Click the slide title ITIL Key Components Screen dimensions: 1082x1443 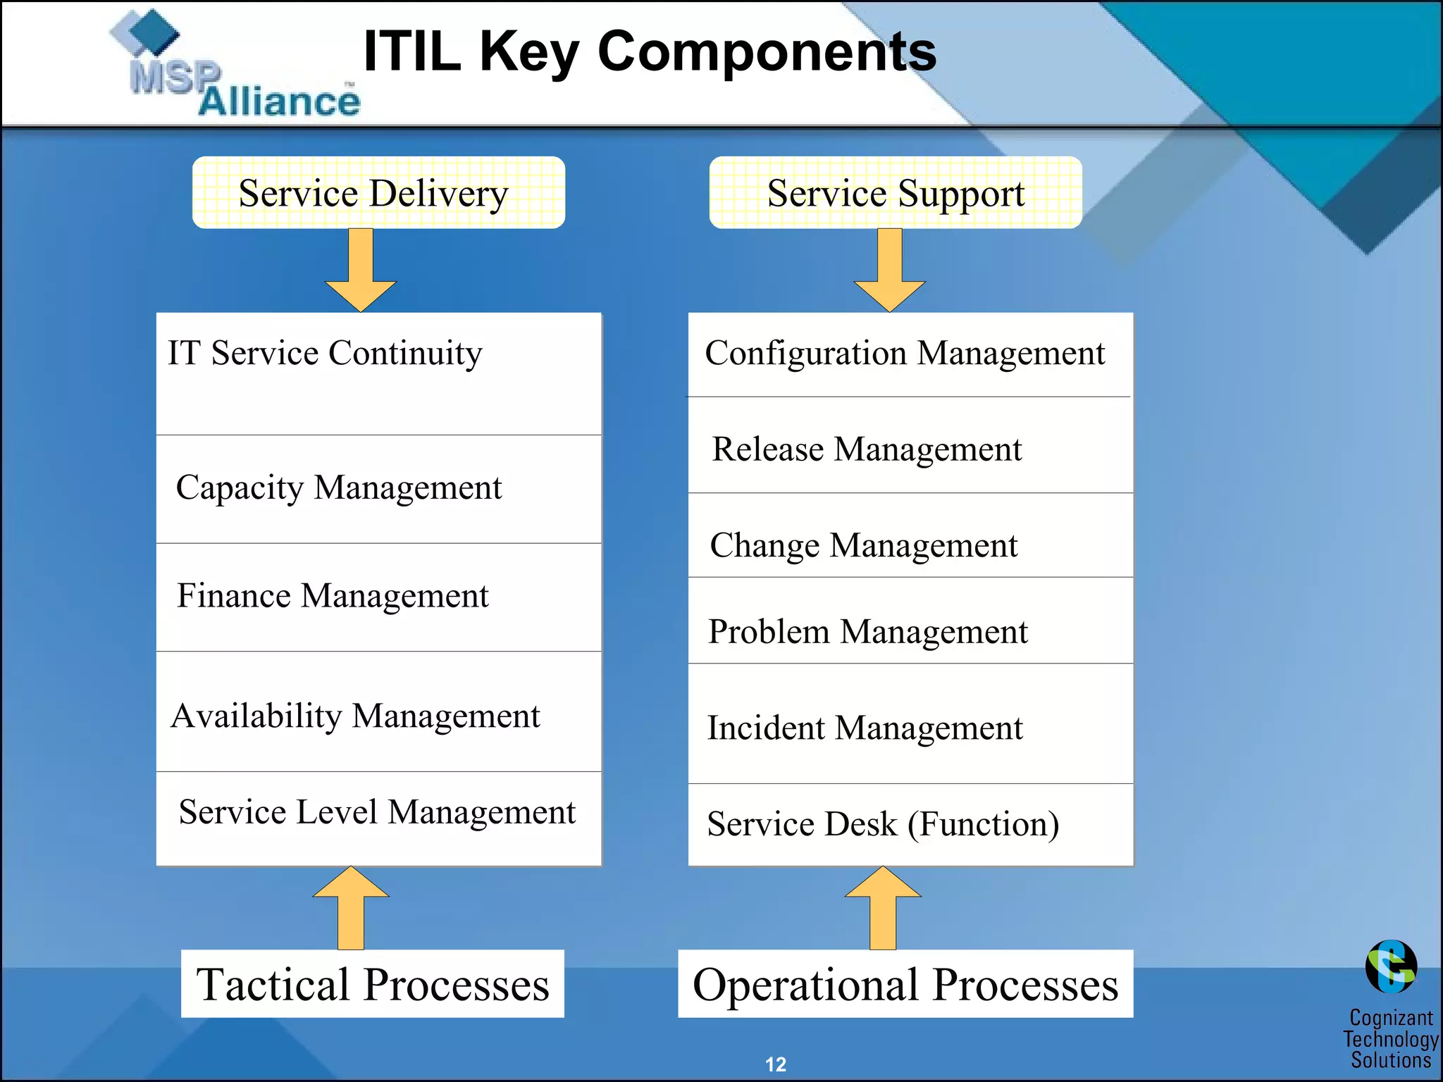649,51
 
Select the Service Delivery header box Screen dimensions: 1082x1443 378,192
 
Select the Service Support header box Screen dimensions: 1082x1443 895,192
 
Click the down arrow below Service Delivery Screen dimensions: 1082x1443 361,271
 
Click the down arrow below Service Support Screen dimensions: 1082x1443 890,271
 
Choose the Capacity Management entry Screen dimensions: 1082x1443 339,487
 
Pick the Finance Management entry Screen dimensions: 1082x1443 333,596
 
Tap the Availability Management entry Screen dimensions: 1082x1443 356,716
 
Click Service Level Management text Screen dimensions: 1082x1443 377,812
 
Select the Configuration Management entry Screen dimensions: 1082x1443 905,353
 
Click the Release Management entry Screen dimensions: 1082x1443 867,449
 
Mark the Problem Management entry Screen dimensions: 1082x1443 868,631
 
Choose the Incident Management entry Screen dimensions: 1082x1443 865,728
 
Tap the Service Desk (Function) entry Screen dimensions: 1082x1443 883,823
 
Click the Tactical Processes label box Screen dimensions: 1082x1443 373,984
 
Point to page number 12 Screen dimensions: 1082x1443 775,1064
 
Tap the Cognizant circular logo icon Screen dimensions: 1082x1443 1391,966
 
